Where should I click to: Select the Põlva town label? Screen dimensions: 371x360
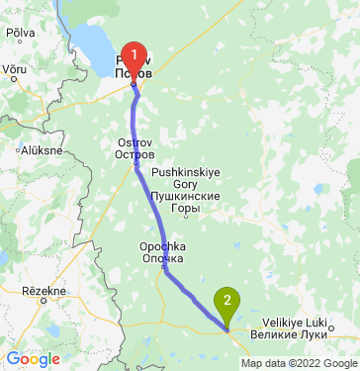[21, 33]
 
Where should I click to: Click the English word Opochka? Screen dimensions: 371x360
[163, 246]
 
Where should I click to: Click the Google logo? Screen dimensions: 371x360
[33, 359]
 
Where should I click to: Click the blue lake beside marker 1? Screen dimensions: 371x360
[99, 45]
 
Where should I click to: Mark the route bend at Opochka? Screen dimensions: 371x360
[165, 269]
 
